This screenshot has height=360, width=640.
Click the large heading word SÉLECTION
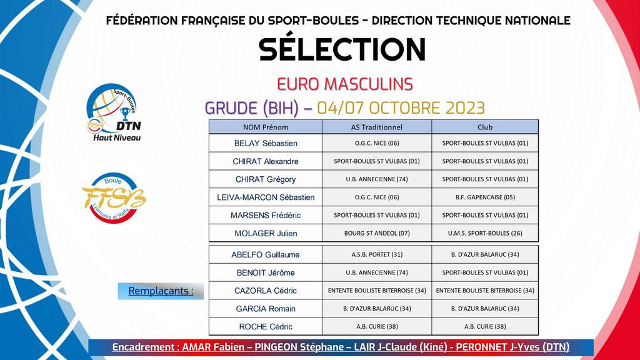coord(342,49)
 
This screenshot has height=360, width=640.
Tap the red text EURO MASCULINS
coord(345,84)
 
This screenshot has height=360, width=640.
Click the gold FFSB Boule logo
coord(114,197)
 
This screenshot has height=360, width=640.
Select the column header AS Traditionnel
coord(376,127)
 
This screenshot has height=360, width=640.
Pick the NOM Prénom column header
coord(265,127)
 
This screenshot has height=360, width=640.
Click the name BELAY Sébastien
coord(266,143)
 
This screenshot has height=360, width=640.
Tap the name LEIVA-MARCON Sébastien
coord(266,197)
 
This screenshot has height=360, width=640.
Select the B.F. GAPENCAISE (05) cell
coord(485,197)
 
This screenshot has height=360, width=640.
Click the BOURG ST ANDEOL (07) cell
coord(377,234)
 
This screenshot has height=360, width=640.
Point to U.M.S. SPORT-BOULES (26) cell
coord(485,234)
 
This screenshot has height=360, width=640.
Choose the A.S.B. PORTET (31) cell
coord(377,255)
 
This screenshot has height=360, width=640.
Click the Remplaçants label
coord(161,291)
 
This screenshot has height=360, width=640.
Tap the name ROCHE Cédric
coord(266,327)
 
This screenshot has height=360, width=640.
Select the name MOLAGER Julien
coord(266,234)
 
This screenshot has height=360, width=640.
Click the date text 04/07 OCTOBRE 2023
coord(401,108)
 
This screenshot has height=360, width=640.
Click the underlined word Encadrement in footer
coord(144,347)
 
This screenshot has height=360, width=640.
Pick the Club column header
coord(485,127)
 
